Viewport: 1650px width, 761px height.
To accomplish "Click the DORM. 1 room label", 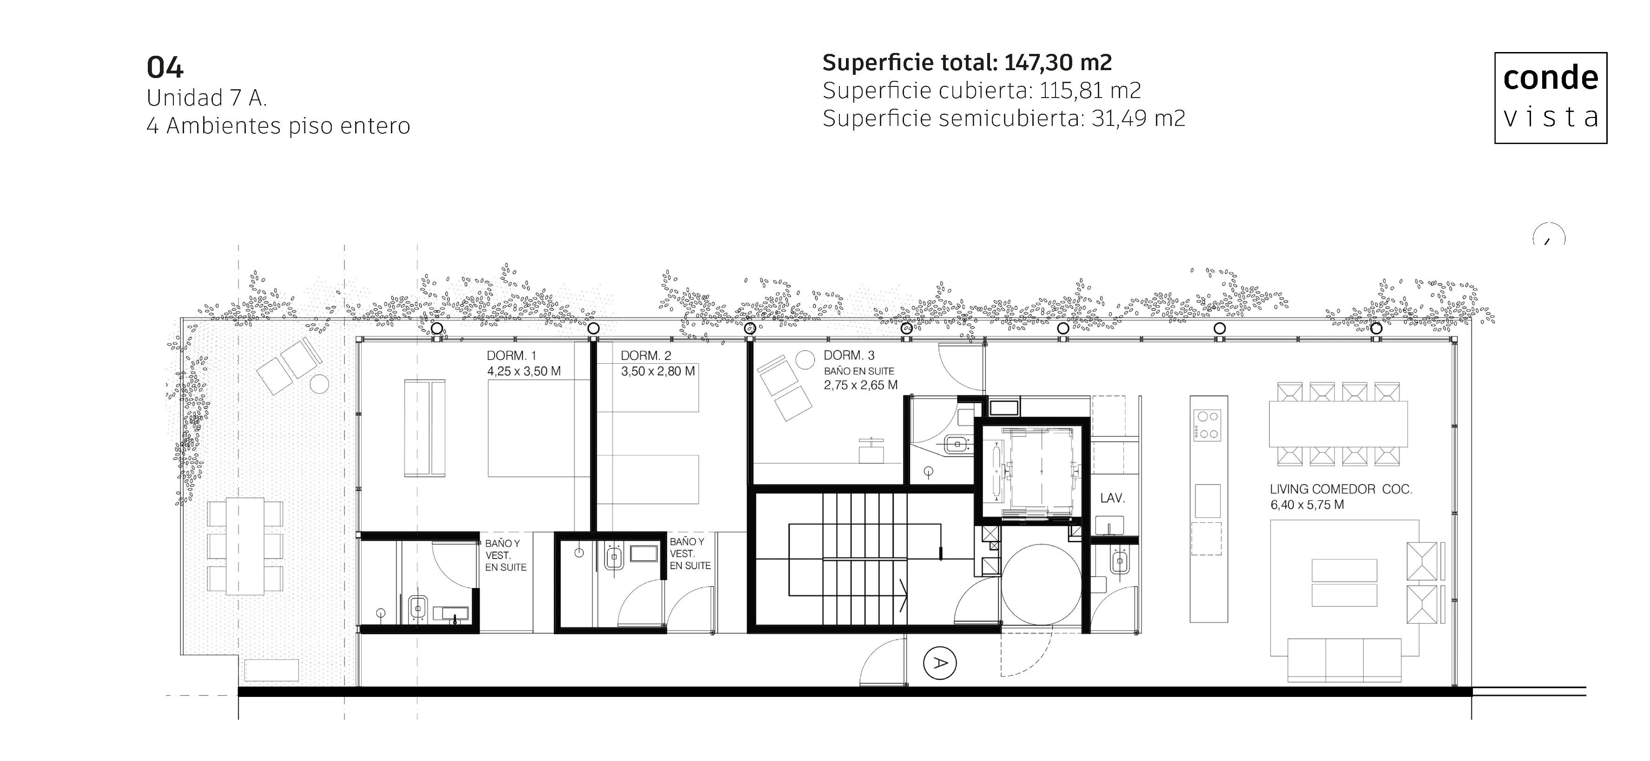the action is (x=511, y=355).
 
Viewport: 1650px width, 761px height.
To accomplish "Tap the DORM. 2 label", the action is (x=646, y=355).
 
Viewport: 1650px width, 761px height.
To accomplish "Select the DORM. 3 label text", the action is (x=849, y=355).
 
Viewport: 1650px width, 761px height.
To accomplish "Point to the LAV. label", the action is (x=1113, y=498).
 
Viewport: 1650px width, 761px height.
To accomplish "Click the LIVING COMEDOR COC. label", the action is (x=1340, y=489).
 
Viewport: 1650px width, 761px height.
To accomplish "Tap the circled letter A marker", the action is (x=940, y=663).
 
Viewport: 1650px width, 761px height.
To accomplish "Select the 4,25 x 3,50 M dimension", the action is (x=524, y=371).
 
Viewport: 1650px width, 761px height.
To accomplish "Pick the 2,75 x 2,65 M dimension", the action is (x=860, y=385).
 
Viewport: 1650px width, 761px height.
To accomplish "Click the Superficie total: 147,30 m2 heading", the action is (x=967, y=63).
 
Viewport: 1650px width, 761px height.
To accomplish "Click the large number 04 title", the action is (x=165, y=68).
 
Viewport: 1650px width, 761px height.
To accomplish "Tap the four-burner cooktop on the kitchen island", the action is (x=1208, y=425).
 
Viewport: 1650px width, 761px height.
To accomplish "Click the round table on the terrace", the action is (x=319, y=384).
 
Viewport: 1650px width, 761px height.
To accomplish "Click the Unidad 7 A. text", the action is (x=206, y=98).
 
